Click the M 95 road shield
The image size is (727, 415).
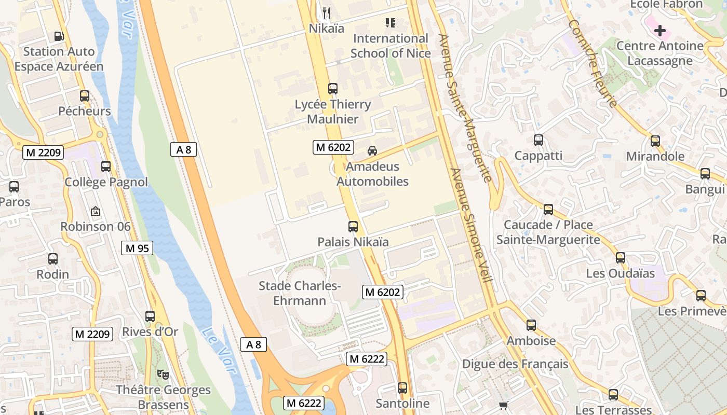(x=138, y=248)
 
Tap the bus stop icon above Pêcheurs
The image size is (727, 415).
(x=85, y=96)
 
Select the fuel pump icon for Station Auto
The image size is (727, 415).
(x=59, y=36)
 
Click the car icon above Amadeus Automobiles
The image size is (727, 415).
(x=372, y=151)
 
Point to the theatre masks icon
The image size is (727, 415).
(x=163, y=374)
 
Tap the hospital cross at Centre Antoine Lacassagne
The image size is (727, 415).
(x=659, y=31)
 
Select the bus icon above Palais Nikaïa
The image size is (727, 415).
(x=353, y=227)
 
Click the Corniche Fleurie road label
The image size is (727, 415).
(x=592, y=63)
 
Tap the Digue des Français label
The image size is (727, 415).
(x=515, y=364)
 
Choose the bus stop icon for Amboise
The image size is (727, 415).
(x=531, y=325)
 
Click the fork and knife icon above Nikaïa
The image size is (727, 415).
(x=326, y=12)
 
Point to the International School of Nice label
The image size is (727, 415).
(x=391, y=46)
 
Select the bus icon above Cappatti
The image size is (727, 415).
(x=538, y=140)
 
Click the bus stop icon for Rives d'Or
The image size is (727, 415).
(x=150, y=316)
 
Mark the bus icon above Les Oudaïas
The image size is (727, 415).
(x=621, y=258)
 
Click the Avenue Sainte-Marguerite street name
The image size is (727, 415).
(x=465, y=108)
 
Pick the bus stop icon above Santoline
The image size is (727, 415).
(x=402, y=388)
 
